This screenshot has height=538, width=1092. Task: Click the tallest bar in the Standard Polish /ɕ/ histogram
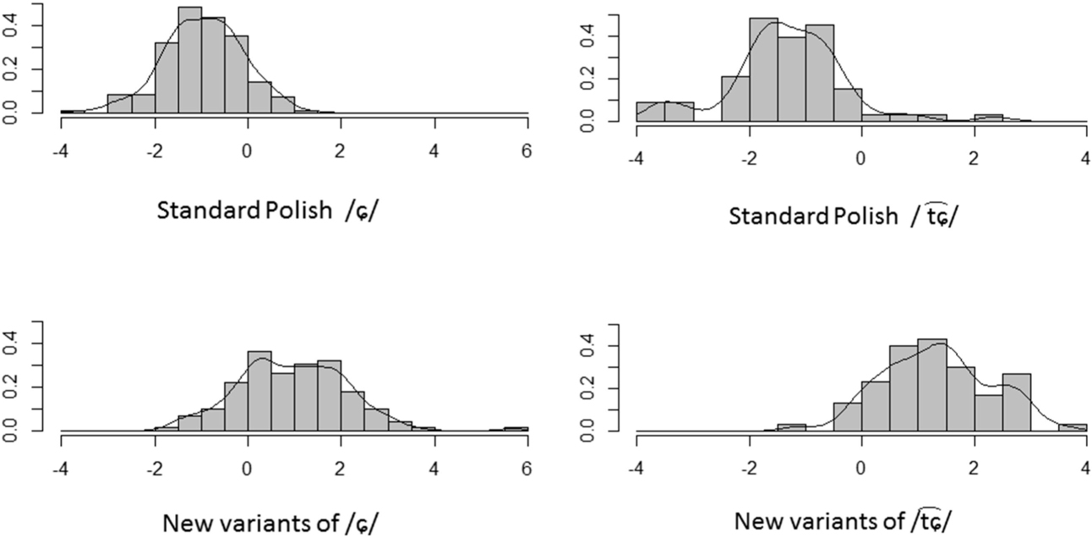[190, 59]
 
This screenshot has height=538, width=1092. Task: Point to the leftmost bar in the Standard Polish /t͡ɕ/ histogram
[650, 113]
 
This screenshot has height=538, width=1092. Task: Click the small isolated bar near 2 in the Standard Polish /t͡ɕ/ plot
[988, 118]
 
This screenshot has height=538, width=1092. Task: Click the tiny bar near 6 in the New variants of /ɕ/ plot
[516, 429]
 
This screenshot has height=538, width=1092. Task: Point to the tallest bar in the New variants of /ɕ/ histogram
[259, 392]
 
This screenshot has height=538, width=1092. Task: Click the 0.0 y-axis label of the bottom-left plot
[12, 431]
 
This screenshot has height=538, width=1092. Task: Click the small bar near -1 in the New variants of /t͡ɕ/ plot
[791, 428]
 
